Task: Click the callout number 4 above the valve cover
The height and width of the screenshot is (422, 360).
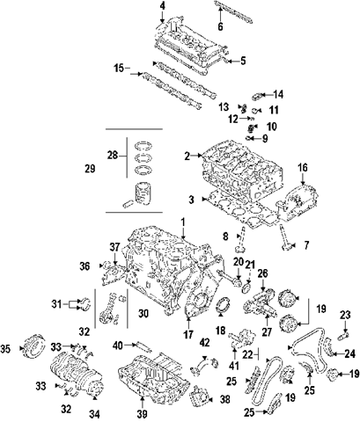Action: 162,6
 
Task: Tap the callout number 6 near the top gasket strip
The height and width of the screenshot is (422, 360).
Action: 220,26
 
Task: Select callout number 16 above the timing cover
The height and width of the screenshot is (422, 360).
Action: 303,168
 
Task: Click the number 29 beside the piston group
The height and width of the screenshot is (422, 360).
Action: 90,169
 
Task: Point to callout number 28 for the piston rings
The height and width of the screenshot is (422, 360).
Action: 113,155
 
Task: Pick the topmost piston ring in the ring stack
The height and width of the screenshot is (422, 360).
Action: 143,146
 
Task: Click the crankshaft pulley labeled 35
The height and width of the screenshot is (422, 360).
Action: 33,346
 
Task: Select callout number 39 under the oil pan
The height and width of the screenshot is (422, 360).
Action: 142,413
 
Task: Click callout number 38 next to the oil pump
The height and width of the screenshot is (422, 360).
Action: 224,399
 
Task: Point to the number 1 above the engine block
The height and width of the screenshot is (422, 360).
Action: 183,223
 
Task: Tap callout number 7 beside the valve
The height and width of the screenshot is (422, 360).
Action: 306,245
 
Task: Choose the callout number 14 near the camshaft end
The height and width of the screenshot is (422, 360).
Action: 278,94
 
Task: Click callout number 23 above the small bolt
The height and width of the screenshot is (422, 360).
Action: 345,316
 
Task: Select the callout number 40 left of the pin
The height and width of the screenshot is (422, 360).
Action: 118,346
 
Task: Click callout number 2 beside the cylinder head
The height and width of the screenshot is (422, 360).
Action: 187,156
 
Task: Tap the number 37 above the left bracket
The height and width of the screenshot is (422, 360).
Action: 114,247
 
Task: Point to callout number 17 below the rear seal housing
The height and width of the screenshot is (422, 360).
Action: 187,334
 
